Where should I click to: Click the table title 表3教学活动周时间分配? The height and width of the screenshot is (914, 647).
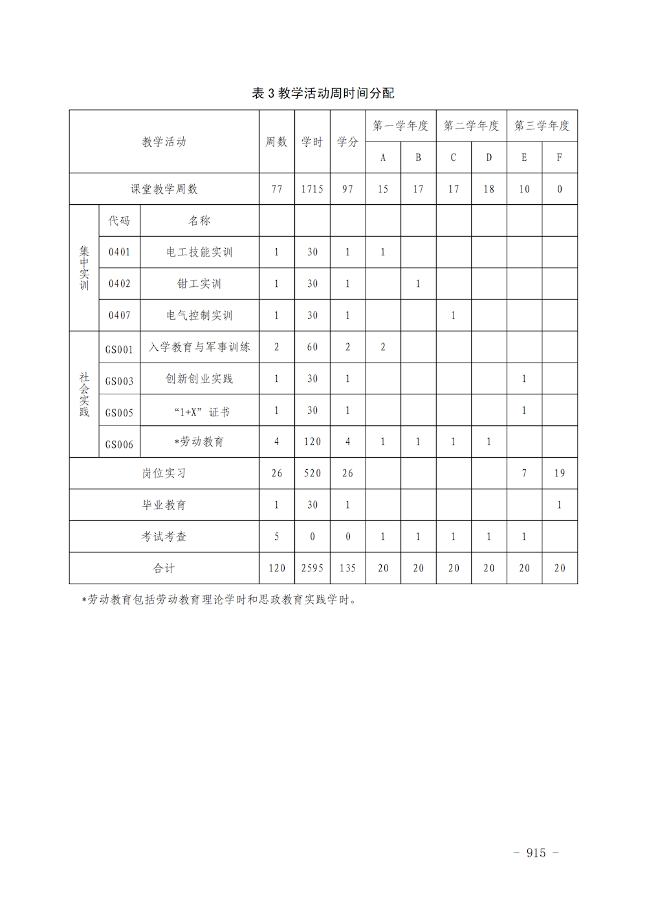click(x=323, y=93)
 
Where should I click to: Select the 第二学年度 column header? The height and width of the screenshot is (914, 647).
click(x=471, y=125)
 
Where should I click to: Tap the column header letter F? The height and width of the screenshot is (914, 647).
click(x=559, y=157)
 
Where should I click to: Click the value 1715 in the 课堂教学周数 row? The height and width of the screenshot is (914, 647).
click(x=312, y=189)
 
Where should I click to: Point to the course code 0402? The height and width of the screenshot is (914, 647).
click(x=119, y=284)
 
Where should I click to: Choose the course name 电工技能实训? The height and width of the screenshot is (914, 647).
click(x=199, y=252)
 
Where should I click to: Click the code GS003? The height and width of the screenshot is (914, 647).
click(x=119, y=381)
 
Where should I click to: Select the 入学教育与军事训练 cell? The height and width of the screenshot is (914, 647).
click(x=199, y=347)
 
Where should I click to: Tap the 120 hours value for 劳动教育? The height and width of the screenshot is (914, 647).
click(x=312, y=441)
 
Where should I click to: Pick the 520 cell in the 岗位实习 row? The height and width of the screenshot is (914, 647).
click(x=312, y=473)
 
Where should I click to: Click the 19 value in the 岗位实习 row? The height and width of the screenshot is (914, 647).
click(x=559, y=473)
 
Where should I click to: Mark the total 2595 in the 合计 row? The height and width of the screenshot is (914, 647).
click(x=312, y=568)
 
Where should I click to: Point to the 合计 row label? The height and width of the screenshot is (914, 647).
click(x=164, y=568)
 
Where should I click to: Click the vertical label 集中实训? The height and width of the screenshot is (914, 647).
click(x=84, y=268)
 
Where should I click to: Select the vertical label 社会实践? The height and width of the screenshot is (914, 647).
click(x=84, y=394)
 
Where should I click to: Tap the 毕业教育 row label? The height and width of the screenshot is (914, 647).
click(x=164, y=505)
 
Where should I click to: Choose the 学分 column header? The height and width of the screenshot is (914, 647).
click(x=347, y=142)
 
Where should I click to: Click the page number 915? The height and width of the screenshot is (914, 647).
click(x=536, y=853)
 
